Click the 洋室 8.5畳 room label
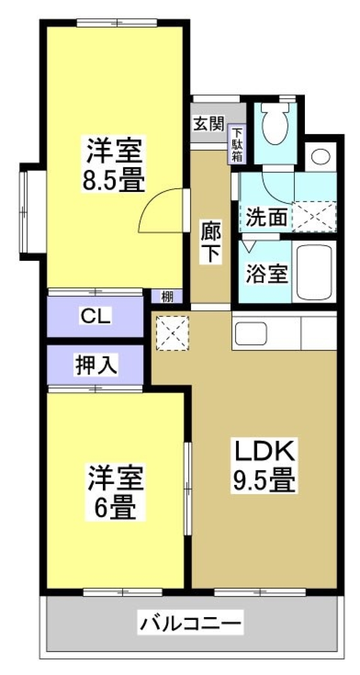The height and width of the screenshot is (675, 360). coord(114,165)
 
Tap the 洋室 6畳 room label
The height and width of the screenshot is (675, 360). coord(115,492)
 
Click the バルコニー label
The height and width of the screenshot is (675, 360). coord(191,622)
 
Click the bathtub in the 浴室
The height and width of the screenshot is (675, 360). coord(314,272)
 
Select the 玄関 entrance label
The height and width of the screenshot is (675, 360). coord(208,124)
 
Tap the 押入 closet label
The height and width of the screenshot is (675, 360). coord(96,364)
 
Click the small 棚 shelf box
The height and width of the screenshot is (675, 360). coord(167,297)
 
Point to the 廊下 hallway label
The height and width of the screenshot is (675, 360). coord(210,242)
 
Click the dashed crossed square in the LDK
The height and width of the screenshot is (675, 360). coord(172,333)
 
